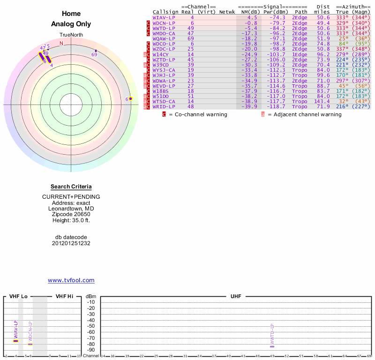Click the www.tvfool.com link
pos(71,280)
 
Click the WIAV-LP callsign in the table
pos(164,17)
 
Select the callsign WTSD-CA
pos(164,101)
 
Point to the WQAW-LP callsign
pos(164,38)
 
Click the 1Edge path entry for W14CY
pos(300,54)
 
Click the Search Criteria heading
pos(71,187)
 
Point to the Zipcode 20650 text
pos(71,214)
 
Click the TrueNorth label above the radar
pos(71,35)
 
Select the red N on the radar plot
pos(61,43)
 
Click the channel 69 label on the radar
pos(94,55)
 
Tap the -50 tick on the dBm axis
pos(91,326)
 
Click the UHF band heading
pos(235,297)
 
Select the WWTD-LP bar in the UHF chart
pos(272,346)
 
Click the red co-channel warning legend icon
pos(164,114)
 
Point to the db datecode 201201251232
pos(71,243)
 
